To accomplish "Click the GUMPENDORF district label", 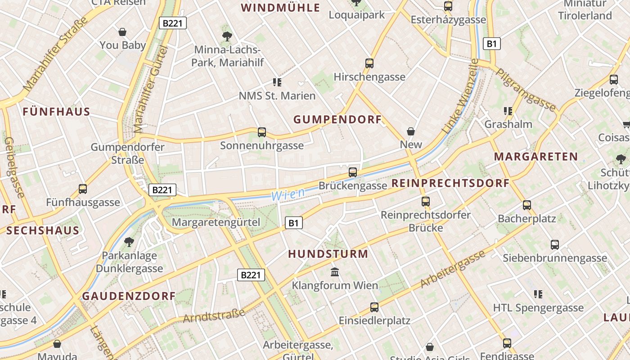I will pyautogui.click(x=337, y=120).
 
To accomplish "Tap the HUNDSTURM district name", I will pyautogui.click(x=328, y=254).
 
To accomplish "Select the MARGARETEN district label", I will pyautogui.click(x=536, y=157).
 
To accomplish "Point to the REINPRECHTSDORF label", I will pyautogui.click(x=450, y=183).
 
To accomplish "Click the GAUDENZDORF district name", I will pyautogui.click(x=129, y=296).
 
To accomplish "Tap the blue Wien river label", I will pyautogui.click(x=288, y=194).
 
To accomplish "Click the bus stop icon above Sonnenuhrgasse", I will pyautogui.click(x=262, y=132).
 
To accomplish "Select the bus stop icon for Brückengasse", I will pyautogui.click(x=353, y=172).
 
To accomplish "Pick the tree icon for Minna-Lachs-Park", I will pyautogui.click(x=227, y=36).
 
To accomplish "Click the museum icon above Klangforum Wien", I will pyautogui.click(x=335, y=272).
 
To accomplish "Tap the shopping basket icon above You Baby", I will pyautogui.click(x=122, y=32).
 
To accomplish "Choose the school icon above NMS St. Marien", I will pyautogui.click(x=277, y=82).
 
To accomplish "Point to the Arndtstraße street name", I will pyautogui.click(x=214, y=315).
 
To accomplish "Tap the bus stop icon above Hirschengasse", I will pyautogui.click(x=369, y=63).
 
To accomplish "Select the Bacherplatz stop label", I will pyautogui.click(x=527, y=219).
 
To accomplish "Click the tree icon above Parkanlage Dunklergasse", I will pyautogui.click(x=129, y=242).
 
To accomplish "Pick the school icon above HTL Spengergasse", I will pyautogui.click(x=538, y=294).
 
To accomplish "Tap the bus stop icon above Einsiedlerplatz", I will pyautogui.click(x=374, y=307).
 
